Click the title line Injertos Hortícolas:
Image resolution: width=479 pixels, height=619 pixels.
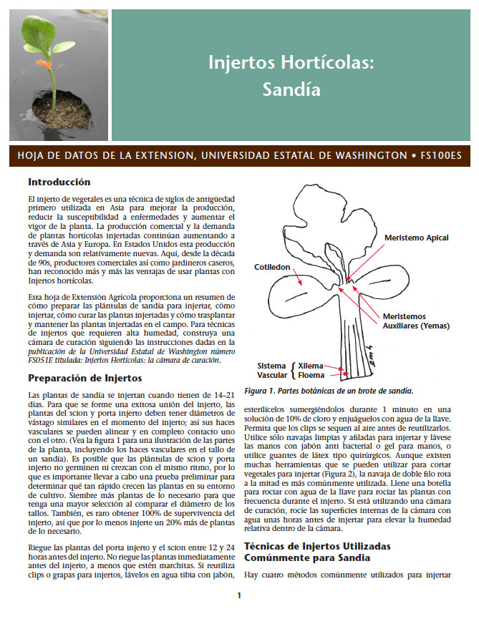(x=291, y=62)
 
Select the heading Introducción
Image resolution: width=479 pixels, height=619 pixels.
(x=59, y=182)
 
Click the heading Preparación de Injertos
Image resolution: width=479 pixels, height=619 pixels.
(x=84, y=378)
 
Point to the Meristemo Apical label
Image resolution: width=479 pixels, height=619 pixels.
(x=417, y=237)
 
